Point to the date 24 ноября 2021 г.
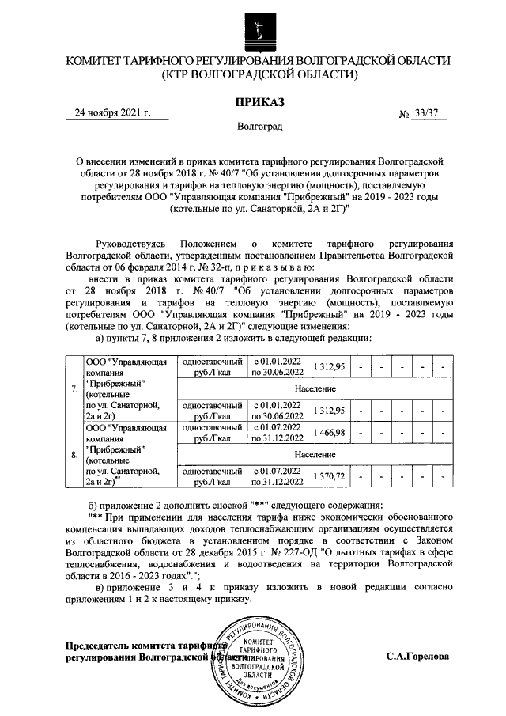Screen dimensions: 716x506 (x=111, y=113)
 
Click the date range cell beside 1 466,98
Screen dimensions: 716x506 (x=277, y=432)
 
